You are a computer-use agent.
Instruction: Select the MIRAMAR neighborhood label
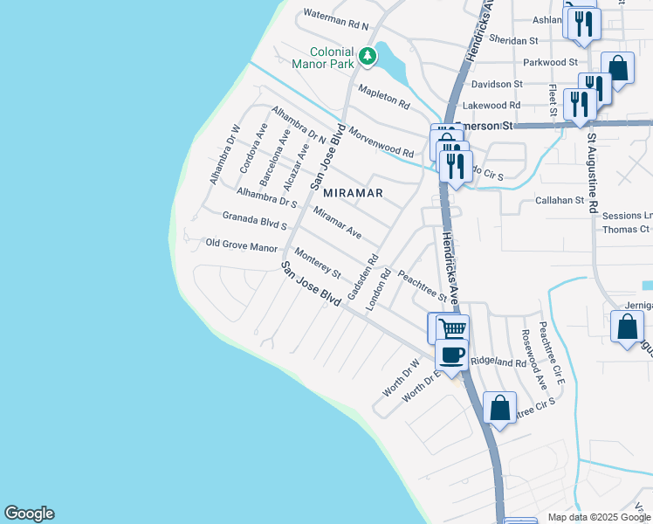[x=353, y=192]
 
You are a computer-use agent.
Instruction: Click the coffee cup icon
[x=451, y=355]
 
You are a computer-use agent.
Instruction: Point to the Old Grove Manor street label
[x=240, y=245]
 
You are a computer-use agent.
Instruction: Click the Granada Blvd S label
[x=255, y=219]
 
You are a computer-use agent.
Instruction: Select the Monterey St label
[x=317, y=263]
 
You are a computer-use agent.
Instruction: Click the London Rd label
[x=377, y=290]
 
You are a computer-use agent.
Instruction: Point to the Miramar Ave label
[x=337, y=224]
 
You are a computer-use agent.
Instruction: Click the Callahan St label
[x=559, y=200]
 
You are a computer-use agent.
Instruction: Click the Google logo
[x=29, y=514]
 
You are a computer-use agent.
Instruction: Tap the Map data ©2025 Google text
[x=598, y=517]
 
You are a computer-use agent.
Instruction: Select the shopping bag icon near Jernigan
[x=628, y=327]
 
